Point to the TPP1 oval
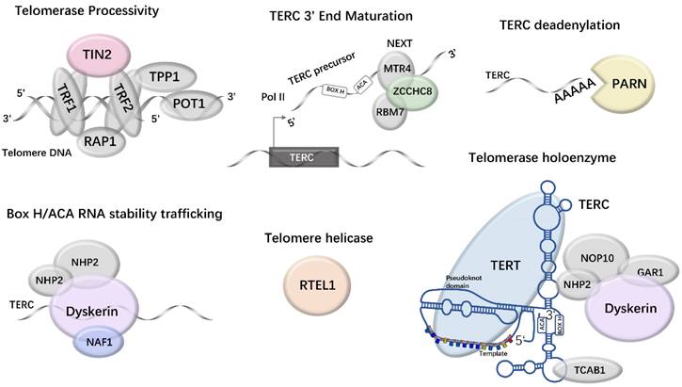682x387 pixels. [x=166, y=76]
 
